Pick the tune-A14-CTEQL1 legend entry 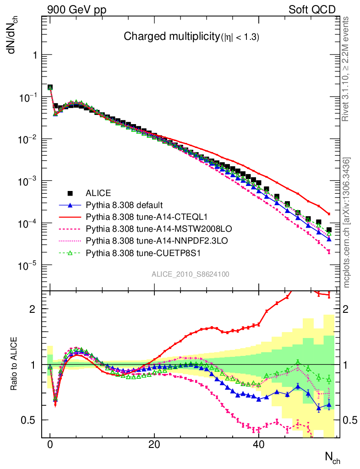(137, 216)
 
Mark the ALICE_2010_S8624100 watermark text (191, 274)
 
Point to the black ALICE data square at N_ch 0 (50, 87)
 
